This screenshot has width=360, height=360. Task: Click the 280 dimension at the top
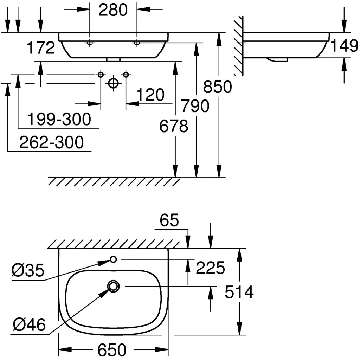click(x=113, y=10)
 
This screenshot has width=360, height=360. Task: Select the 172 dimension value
click(x=41, y=48)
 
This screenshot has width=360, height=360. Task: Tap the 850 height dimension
click(x=217, y=86)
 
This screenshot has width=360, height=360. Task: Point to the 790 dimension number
click(x=195, y=105)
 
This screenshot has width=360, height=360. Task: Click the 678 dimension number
click(x=174, y=126)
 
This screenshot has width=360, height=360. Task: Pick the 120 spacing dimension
click(x=150, y=95)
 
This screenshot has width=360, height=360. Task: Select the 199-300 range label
click(x=59, y=119)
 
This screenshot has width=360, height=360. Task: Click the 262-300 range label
click(x=51, y=142)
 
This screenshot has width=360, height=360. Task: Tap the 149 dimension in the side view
click(x=344, y=45)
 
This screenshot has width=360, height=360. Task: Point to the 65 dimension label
click(x=169, y=220)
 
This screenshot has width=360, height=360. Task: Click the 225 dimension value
click(x=210, y=268)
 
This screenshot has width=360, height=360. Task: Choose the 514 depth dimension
click(x=239, y=292)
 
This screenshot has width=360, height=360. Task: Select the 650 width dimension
click(x=112, y=350)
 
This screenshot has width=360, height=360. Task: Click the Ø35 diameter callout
click(x=27, y=270)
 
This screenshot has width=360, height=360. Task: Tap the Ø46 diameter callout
click(x=29, y=324)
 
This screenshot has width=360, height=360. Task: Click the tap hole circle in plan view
click(x=114, y=259)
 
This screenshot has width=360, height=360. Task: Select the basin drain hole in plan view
click(x=114, y=286)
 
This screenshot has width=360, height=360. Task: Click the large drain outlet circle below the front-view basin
click(x=113, y=83)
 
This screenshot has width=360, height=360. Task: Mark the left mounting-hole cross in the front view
click(x=90, y=43)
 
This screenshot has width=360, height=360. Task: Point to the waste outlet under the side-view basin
click(x=277, y=60)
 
